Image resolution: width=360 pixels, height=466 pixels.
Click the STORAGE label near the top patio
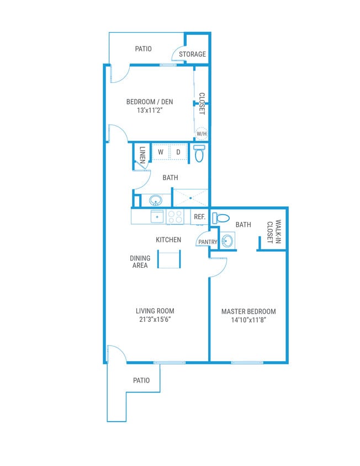(x=192, y=54)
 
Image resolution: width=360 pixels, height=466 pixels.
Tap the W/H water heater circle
(x=201, y=134)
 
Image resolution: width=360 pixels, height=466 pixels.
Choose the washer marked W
(x=160, y=152)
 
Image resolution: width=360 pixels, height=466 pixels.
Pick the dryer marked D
(x=178, y=152)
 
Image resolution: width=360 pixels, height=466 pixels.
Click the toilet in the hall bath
(x=199, y=153)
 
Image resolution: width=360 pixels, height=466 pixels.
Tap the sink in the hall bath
(x=155, y=200)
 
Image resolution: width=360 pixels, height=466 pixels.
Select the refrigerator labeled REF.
(x=199, y=217)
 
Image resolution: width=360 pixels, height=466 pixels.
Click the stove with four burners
(x=175, y=217)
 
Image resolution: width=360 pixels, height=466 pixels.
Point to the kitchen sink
(x=157, y=217)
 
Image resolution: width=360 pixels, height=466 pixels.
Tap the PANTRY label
(x=208, y=242)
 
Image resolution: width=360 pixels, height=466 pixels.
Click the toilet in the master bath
(x=221, y=218)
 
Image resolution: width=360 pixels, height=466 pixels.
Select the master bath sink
(x=227, y=241)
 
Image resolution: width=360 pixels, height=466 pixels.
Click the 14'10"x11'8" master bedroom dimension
(x=248, y=320)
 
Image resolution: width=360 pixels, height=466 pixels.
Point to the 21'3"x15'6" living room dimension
(x=155, y=319)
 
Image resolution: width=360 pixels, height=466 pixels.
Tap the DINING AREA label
(x=139, y=262)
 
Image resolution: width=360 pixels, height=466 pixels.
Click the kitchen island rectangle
(x=170, y=260)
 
